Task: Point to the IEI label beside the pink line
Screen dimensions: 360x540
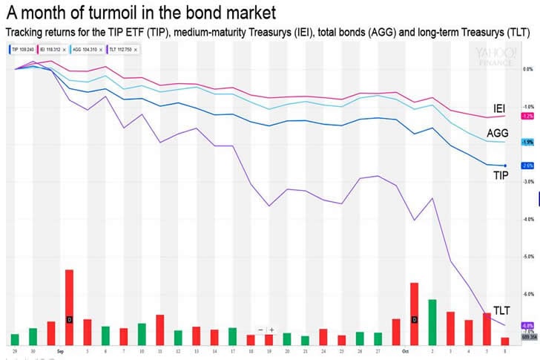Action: (499, 109)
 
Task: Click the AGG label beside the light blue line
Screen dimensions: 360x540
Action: (498, 134)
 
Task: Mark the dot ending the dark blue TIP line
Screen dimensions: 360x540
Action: (505, 166)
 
